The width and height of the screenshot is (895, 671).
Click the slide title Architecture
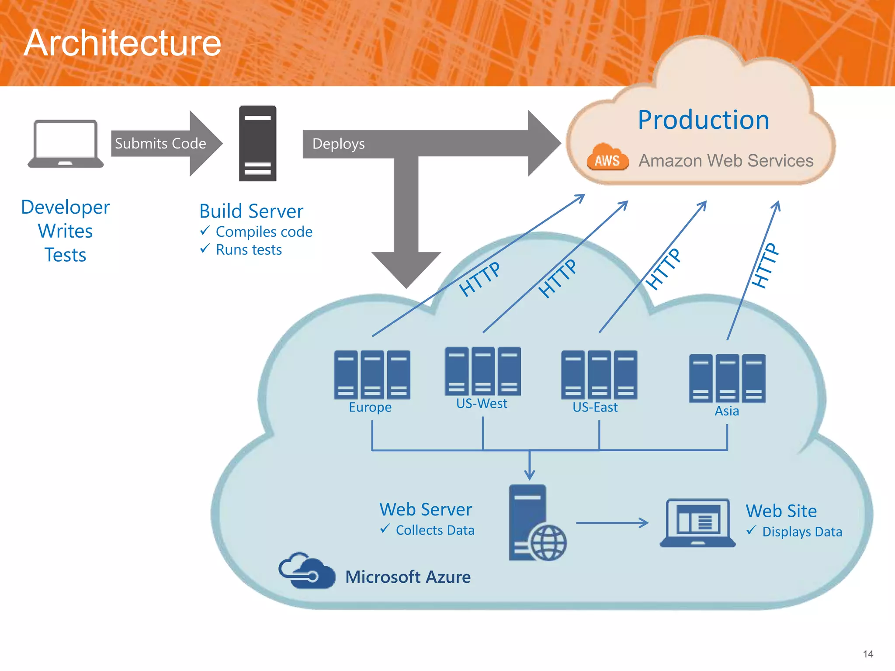coord(123,43)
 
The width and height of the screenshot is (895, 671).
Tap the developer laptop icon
coord(66,144)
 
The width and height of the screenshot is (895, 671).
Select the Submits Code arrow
coord(166,144)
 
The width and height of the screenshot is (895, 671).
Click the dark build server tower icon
coord(257,143)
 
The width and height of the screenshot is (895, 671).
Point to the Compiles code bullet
coord(264,232)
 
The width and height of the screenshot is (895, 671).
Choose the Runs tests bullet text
coord(249,250)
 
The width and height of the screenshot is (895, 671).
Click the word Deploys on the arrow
coord(338,144)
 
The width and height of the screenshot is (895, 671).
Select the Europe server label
coord(370,407)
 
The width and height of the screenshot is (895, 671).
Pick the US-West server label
coord(482,403)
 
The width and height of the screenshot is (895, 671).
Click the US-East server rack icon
coord(599,374)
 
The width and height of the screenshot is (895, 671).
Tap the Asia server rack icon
coord(727,378)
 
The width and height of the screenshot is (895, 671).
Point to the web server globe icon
coord(548,543)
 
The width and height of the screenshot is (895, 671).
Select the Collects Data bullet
coord(434,530)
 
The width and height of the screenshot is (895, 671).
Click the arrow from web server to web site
coord(612,523)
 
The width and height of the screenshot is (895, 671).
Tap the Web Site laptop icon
coord(697,523)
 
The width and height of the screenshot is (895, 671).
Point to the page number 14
coord(868,654)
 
